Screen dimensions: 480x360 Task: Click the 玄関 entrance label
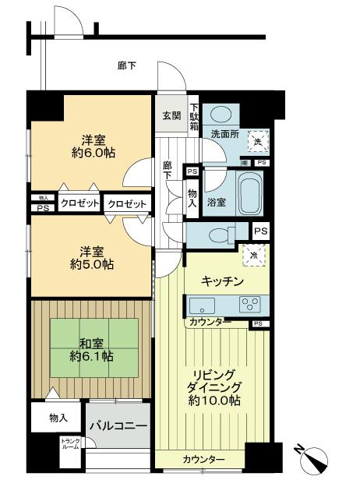coord(171,116)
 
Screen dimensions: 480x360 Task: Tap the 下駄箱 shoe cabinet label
coord(194,118)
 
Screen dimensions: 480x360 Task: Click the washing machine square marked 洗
coord(257,141)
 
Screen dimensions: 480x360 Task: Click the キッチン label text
coord(224,281)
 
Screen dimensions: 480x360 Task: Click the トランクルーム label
coord(70,445)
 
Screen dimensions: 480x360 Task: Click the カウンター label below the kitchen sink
coord(207,321)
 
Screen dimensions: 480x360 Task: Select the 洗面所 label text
coord(225,134)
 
